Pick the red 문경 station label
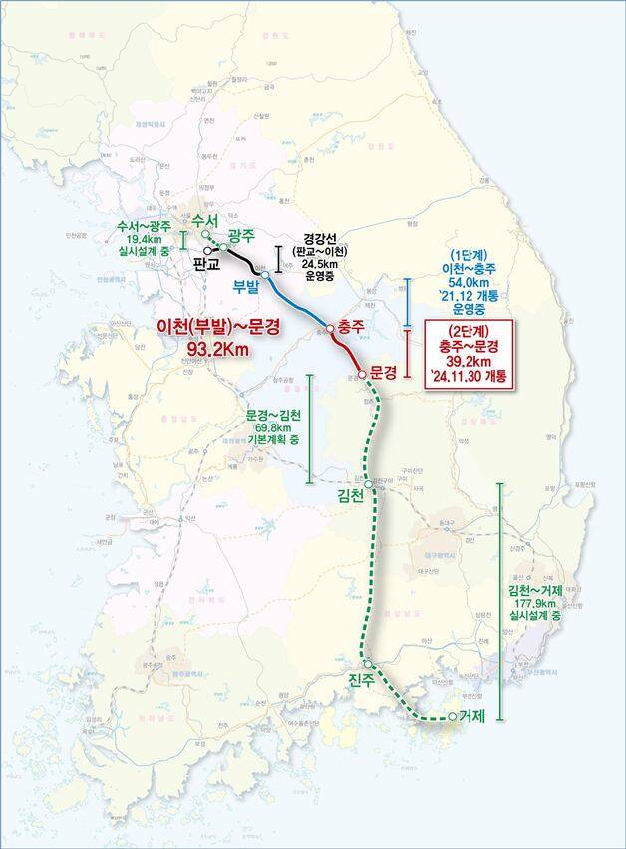pyautogui.click(x=383, y=371)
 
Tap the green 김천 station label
pyautogui.click(x=353, y=495)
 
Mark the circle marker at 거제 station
pyautogui.click(x=453, y=717)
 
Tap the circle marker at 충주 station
pyautogui.click(x=330, y=326)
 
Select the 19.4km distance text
pyautogui.click(x=145, y=241)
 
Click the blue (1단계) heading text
pyautogui.click(x=467, y=256)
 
